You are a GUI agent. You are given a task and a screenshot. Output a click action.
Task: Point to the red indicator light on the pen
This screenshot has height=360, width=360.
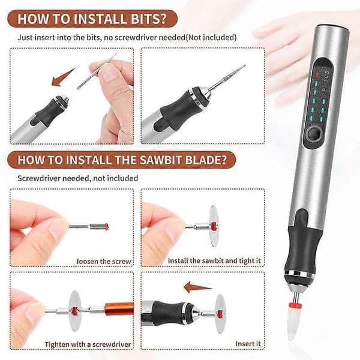click(318, 75)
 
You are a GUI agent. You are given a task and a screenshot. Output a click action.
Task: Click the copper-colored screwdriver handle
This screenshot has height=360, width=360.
click(119, 309)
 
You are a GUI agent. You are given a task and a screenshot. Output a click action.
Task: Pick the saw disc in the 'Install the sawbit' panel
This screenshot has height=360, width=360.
click(214, 226)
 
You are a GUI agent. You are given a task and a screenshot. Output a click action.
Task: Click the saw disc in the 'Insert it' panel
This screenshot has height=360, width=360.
click(220, 314)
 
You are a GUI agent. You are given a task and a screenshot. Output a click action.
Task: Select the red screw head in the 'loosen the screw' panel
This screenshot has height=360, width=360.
click(107, 227)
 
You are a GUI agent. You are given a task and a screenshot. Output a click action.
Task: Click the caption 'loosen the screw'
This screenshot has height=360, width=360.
click(104, 261)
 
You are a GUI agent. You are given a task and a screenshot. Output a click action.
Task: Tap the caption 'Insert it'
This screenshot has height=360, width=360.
click(248, 344)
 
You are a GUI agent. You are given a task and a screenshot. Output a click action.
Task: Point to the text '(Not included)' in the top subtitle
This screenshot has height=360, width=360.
click(211, 37)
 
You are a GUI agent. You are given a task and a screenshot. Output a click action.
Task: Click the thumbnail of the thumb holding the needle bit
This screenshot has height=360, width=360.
click(109, 74)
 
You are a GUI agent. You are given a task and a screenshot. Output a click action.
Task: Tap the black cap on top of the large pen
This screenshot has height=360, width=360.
click(333, 27)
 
